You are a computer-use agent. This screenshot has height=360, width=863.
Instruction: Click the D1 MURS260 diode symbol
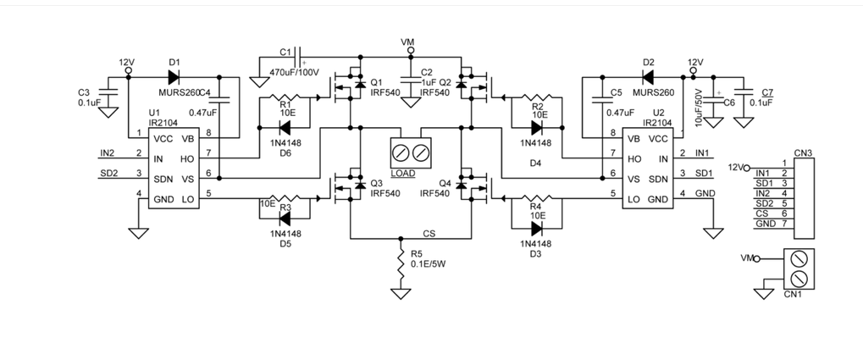tap(174, 76)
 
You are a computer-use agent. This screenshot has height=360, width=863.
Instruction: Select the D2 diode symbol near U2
tap(648, 77)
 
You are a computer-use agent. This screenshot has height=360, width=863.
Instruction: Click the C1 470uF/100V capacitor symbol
tap(299, 57)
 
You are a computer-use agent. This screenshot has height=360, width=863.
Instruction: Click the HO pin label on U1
tap(187, 158)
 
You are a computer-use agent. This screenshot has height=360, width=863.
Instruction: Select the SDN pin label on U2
tap(658, 179)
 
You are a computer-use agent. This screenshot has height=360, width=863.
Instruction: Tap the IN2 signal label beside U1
tap(108, 152)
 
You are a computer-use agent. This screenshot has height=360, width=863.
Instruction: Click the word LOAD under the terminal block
tap(403, 174)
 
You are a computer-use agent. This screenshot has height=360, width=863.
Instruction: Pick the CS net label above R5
tap(429, 234)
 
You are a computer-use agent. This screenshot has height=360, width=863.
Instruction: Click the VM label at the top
tap(408, 42)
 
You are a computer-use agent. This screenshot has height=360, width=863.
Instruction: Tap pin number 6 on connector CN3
tap(783, 213)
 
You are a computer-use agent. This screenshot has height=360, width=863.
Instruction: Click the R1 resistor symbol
tap(285, 97)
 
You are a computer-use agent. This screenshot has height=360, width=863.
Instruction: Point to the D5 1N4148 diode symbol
tap(285, 219)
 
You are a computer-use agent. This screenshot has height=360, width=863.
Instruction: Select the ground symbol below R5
tap(401, 293)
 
